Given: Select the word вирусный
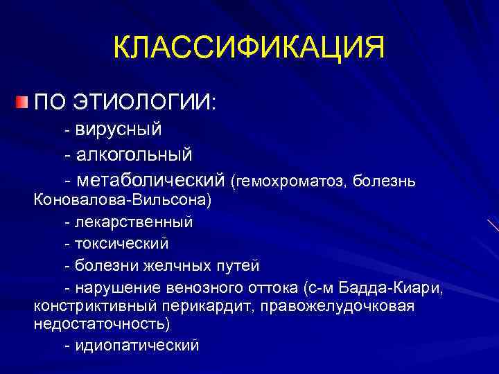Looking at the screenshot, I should [x=119, y=129].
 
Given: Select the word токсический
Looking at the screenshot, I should [x=121, y=244].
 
